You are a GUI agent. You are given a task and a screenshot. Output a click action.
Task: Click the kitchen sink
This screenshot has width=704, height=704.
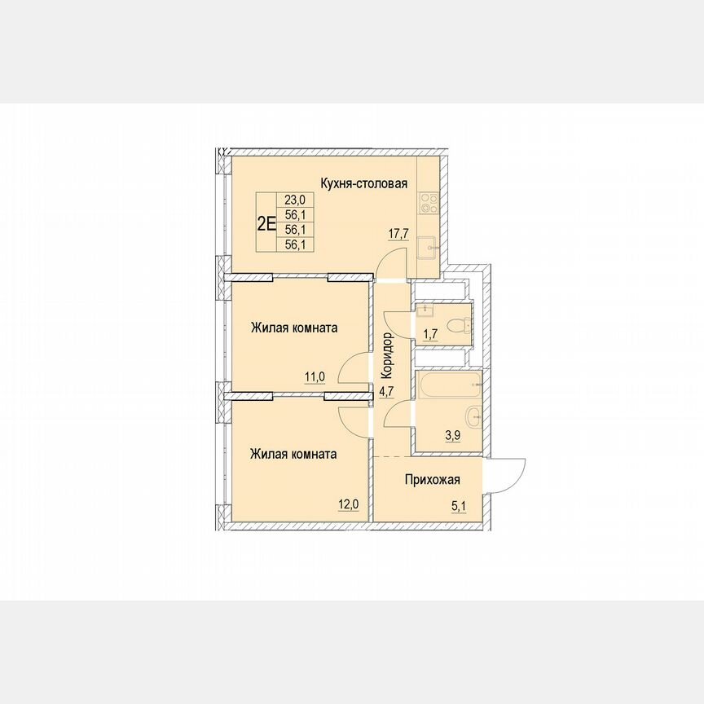tap(428, 245)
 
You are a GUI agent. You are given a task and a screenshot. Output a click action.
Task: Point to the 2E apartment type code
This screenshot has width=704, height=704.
tap(266, 222)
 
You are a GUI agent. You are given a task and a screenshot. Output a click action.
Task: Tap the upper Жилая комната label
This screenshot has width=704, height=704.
tap(294, 328)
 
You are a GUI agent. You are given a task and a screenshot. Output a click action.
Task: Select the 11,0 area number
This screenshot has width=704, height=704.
tap(315, 376)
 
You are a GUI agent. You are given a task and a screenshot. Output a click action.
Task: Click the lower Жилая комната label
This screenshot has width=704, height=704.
tap(293, 454)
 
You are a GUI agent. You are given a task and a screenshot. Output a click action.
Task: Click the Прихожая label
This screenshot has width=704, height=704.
tap(433, 480)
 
